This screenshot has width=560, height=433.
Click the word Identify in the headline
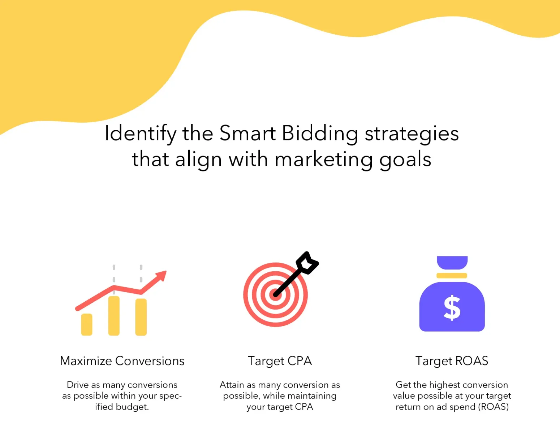tap(140, 134)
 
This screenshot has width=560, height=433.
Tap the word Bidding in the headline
tap(320, 134)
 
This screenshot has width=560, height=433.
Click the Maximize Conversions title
tap(122, 361)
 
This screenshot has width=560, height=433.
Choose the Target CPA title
tap(280, 361)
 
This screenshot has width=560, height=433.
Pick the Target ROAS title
tap(452, 361)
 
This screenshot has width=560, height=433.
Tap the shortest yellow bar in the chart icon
tap(87, 324)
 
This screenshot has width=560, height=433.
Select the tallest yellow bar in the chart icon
tap(114, 316)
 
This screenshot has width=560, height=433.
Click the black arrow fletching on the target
tap(307, 262)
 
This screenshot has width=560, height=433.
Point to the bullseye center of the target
tap(276, 295)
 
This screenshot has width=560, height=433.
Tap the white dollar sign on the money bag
tap(452, 308)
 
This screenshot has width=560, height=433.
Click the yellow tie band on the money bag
tap(452, 276)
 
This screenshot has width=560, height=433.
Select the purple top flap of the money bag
tap(452, 262)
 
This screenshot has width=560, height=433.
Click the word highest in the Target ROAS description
tap(444, 385)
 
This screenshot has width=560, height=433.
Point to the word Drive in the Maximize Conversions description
tap(78, 385)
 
